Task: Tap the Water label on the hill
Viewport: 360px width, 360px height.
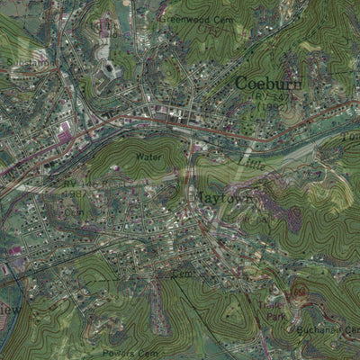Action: pos(147,157)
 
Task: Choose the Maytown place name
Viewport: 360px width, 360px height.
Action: pos(221,193)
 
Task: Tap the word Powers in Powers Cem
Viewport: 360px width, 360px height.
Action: pos(119,353)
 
